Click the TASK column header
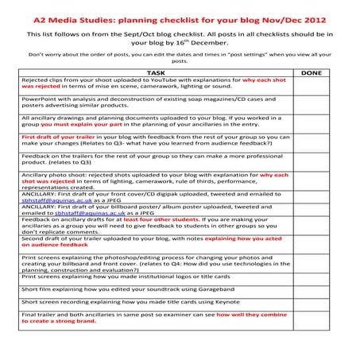click(156, 72)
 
